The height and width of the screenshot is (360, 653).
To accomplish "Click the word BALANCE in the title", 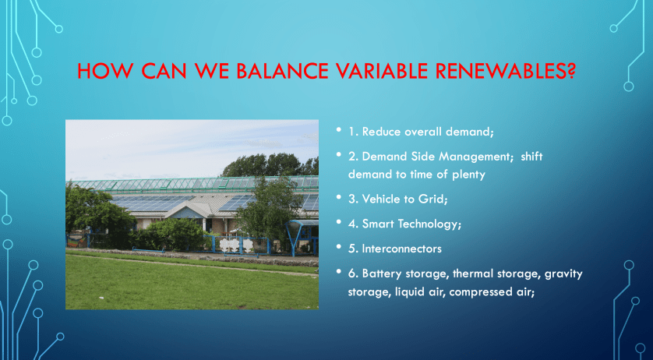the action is (x=272, y=71).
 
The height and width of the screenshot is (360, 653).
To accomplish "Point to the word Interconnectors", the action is (x=401, y=249).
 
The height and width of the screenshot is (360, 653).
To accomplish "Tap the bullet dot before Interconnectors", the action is (x=339, y=247).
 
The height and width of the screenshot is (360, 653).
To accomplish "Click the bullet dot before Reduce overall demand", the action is (x=339, y=129).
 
